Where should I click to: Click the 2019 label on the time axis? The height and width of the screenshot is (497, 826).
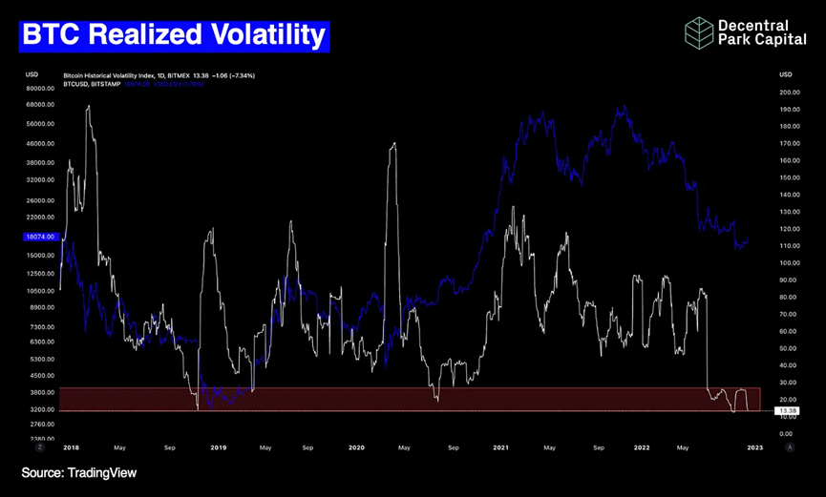click(218, 446)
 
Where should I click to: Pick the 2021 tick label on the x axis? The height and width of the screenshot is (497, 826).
click(500, 446)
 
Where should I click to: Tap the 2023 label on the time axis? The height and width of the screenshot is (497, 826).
click(753, 446)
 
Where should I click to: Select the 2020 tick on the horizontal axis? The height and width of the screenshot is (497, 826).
click(356, 446)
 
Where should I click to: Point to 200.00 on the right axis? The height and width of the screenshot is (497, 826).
click(789, 93)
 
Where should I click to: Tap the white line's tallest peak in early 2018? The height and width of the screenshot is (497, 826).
click(88, 106)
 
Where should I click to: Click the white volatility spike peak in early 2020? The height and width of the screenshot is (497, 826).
click(393, 143)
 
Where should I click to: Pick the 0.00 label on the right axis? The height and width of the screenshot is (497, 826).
click(787, 434)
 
